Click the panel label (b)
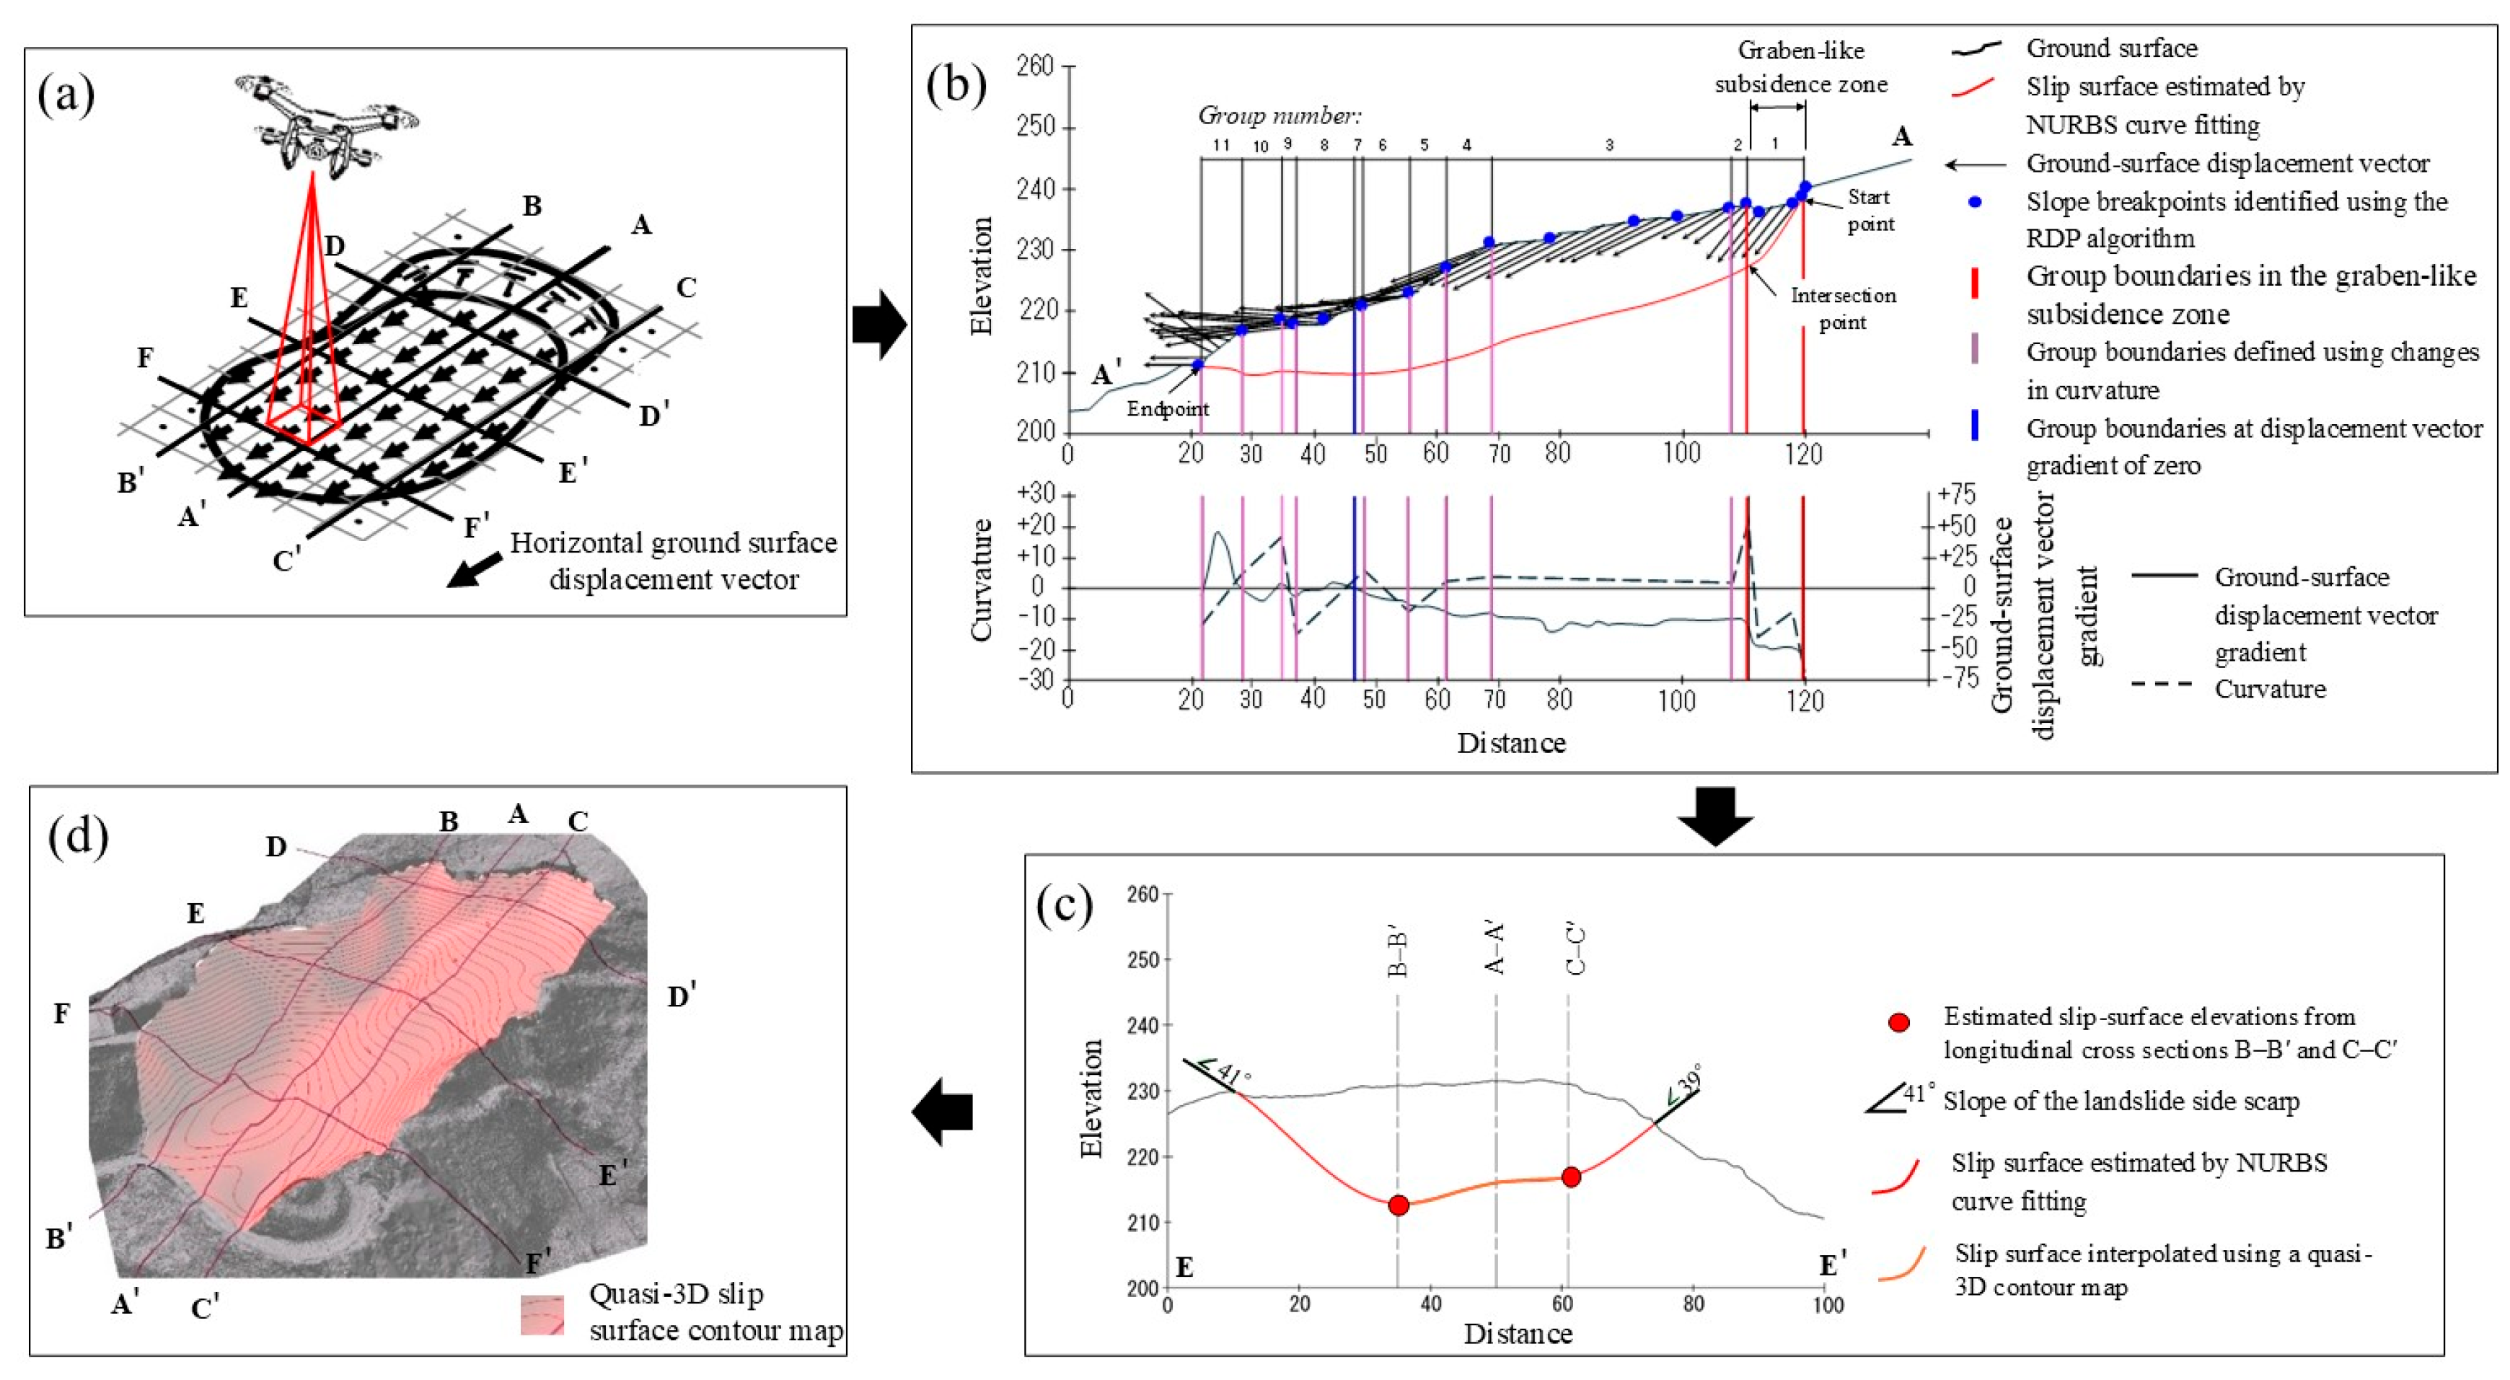(955, 86)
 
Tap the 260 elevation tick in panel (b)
(1035, 66)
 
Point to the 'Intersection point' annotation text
(1843, 309)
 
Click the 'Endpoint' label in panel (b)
(1167, 409)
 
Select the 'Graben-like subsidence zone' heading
(1801, 67)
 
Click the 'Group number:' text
(1278, 116)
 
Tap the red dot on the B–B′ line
(1399, 1205)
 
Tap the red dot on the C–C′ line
(1571, 1177)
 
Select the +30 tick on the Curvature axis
(1036, 493)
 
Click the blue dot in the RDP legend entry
(1974, 203)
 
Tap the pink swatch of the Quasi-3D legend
(542, 1314)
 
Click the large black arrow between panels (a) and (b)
(879, 325)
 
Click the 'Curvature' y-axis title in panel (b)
(981, 580)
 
